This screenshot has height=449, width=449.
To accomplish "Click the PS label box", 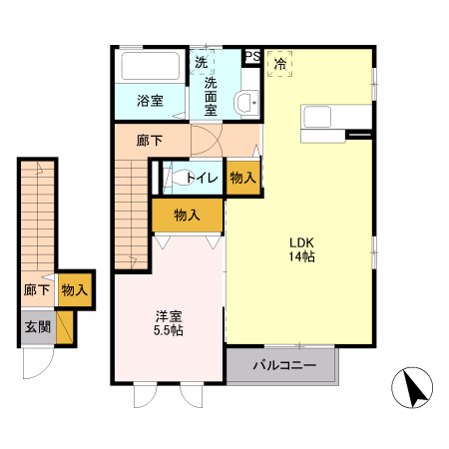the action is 252,56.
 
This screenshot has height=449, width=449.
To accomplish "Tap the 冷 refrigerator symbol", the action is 279,64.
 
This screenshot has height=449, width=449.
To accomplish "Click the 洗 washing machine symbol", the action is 202,62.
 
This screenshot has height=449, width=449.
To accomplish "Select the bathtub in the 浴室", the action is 151,66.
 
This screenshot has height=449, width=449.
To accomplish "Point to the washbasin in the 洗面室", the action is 246,103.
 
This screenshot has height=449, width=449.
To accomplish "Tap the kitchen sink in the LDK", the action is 317,117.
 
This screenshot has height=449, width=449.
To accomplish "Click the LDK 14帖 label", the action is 302,249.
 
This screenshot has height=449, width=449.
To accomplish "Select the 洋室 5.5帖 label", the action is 169,323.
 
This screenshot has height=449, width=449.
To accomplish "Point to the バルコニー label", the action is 284,365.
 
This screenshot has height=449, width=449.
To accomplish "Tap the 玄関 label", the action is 38,327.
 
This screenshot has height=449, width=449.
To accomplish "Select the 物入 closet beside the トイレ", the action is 243,178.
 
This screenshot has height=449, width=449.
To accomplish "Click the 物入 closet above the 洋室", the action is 188,216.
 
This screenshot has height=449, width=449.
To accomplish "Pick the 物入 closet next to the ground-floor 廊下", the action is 75,289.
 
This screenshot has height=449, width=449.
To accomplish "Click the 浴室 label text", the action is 150,101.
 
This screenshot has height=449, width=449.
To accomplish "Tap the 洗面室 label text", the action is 211,96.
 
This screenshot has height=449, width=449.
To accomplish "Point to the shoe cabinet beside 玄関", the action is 65,327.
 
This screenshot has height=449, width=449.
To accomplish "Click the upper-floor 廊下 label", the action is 150,141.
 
